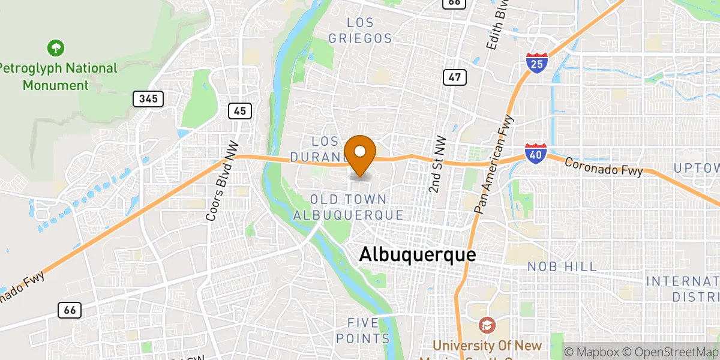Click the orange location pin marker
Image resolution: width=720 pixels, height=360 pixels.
click(x=360, y=155)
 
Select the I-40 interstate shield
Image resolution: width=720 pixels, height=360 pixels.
click(x=535, y=153)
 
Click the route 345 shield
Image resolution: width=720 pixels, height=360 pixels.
click(x=148, y=99)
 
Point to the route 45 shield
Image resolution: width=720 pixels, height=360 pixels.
click(x=240, y=110)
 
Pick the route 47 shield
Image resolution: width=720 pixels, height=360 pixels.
click(x=455, y=77)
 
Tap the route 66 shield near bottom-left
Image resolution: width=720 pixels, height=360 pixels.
click(x=70, y=310)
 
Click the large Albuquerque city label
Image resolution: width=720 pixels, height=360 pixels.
click(x=418, y=254)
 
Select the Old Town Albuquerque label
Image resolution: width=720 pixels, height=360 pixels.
click(x=349, y=207)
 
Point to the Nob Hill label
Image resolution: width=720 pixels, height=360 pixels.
click(x=562, y=266)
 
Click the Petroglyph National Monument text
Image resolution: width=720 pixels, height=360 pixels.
click(x=58, y=76)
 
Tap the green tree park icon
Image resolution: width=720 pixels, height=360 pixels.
click(x=56, y=47)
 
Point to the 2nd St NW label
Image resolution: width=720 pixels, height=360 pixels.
click(x=438, y=164)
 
